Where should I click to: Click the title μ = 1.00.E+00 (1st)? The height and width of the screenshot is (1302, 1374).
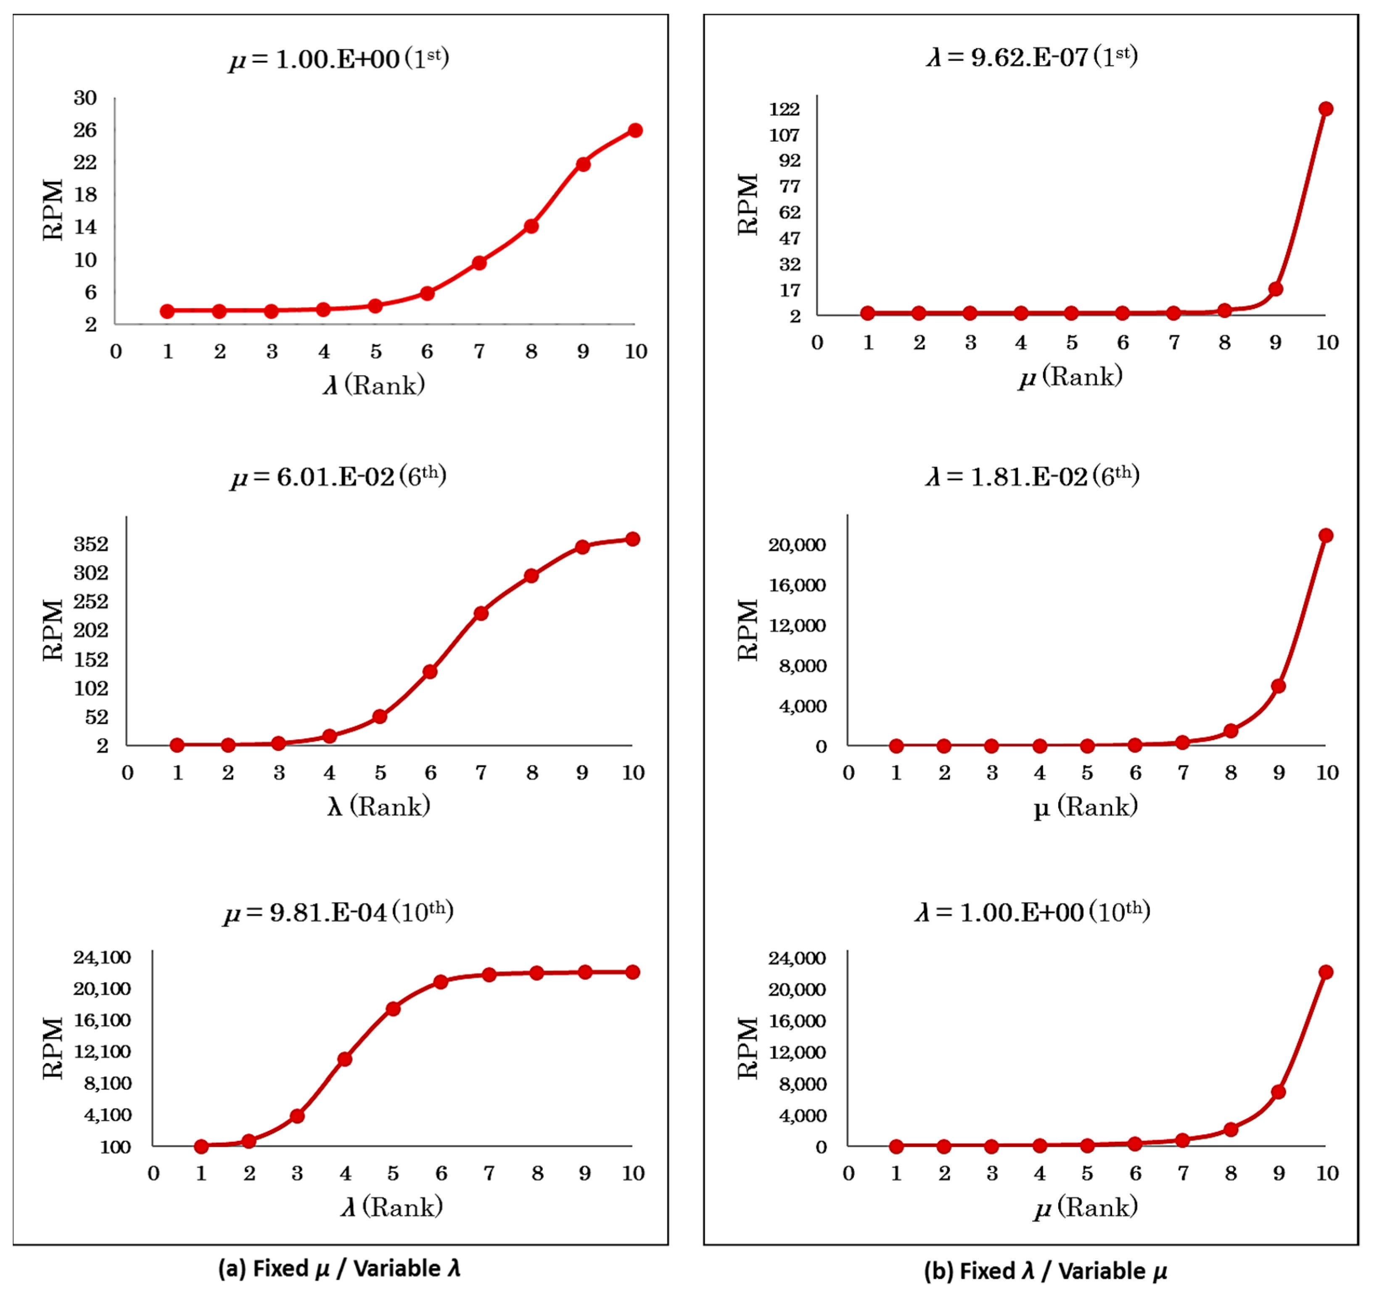[339, 58]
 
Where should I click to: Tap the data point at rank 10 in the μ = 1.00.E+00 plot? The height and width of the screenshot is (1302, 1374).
[635, 130]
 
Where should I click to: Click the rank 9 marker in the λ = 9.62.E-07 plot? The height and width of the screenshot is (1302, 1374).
[1276, 289]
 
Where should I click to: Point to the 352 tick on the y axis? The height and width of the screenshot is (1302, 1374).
[91, 544]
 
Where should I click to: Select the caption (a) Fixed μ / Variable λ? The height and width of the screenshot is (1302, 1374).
[339, 1269]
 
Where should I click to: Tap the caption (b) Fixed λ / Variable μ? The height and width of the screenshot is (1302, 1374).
[1045, 1271]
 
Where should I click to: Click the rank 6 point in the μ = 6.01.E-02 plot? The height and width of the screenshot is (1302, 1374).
[430, 672]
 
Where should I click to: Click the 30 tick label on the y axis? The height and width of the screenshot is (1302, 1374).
[85, 98]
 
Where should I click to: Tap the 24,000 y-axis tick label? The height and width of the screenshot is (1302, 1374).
[797, 959]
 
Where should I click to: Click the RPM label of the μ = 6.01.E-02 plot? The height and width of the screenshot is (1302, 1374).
[53, 630]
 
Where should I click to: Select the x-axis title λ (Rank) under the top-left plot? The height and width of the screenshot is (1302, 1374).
[374, 385]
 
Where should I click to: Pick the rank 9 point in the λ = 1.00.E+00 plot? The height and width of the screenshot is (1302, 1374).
[1278, 1092]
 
